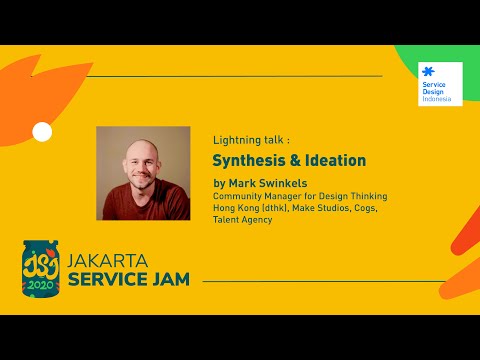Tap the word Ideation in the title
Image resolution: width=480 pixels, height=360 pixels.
(x=331, y=160)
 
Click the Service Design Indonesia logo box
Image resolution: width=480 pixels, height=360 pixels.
(x=440, y=84)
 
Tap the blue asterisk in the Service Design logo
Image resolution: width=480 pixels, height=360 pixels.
(x=429, y=72)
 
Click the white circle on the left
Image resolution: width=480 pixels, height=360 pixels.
(x=42, y=131)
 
